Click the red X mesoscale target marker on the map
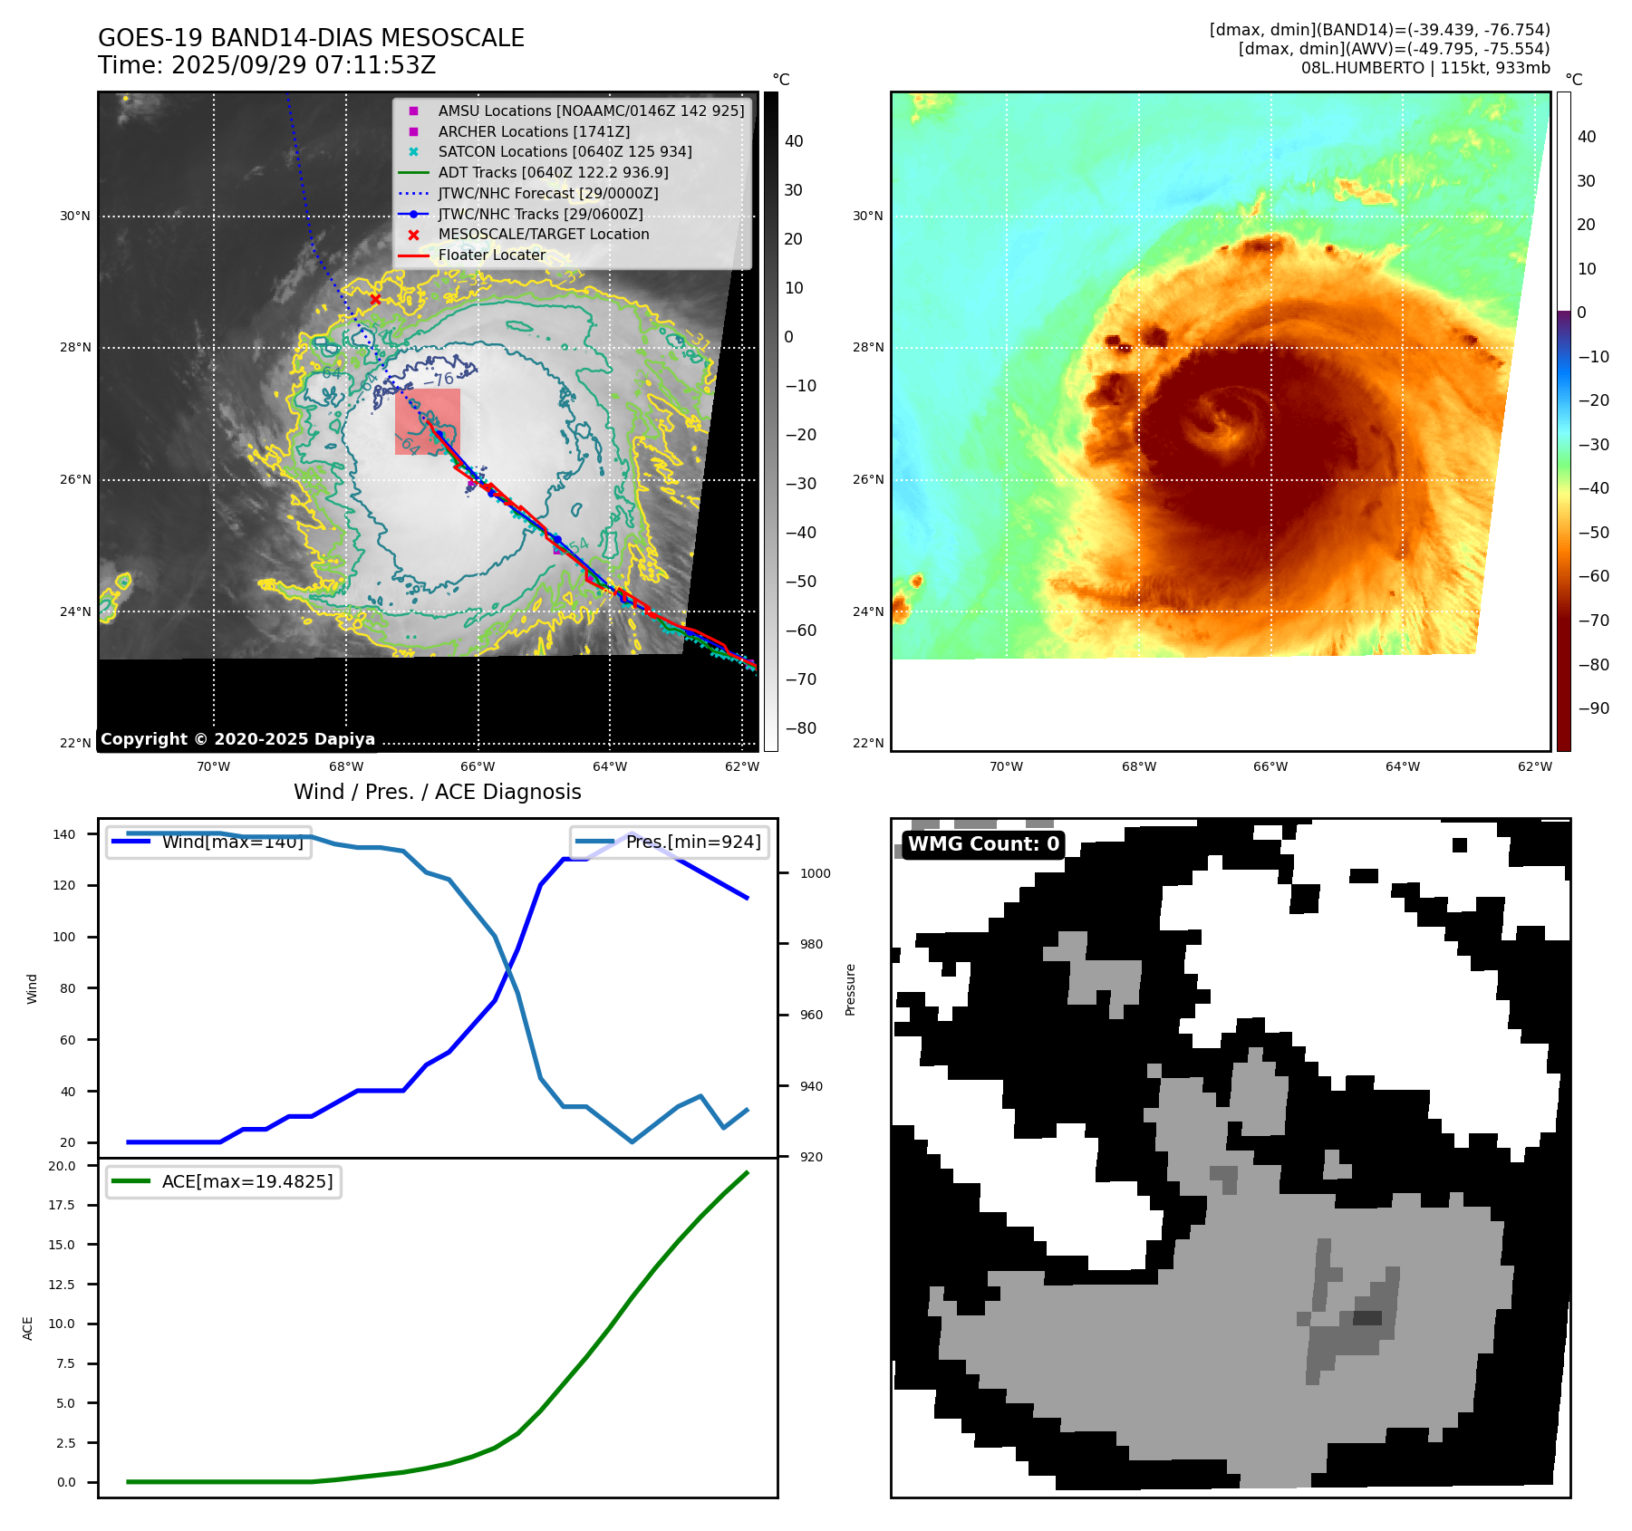click(375, 299)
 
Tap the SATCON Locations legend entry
click(565, 151)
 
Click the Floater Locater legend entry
click(492, 255)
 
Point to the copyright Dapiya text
click(237, 739)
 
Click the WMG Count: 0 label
click(983, 844)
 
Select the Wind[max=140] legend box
click(208, 842)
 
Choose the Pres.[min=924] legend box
click(669, 842)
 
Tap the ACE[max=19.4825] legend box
click(223, 1181)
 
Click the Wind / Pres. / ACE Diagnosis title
click(437, 792)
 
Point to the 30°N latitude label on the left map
click(75, 217)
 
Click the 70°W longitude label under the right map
click(1006, 766)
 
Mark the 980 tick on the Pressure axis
click(811, 944)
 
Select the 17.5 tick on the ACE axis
click(62, 1205)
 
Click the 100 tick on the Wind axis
click(64, 937)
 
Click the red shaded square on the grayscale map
click(428, 421)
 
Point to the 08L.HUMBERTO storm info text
click(1424, 68)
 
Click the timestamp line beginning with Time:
click(266, 65)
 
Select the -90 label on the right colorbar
click(1593, 708)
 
